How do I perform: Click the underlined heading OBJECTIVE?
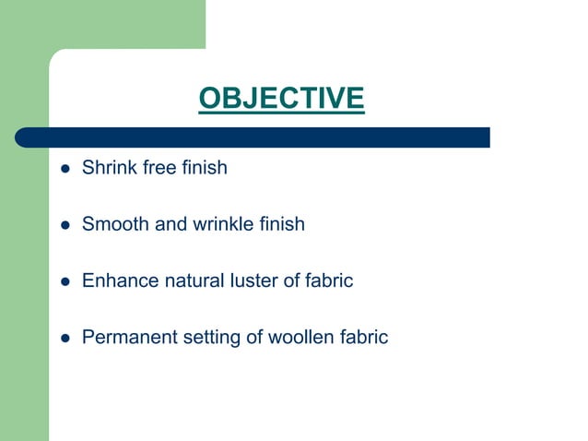[281, 98]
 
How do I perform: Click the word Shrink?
[108, 169]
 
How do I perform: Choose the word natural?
[192, 280]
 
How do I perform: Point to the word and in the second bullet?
[168, 224]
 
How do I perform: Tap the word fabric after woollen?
[362, 337]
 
